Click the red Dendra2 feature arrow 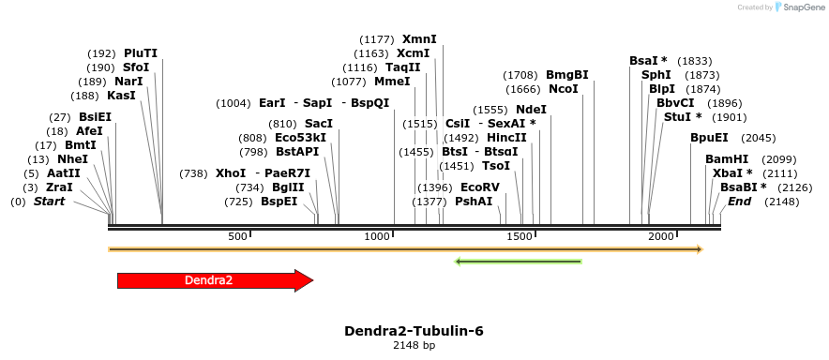(x=214, y=279)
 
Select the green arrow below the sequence (x=518, y=261)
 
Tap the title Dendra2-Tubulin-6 (x=414, y=331)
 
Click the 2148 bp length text (x=414, y=346)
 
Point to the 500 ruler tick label (x=237, y=237)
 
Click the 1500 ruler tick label (x=520, y=237)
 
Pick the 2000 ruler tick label (x=660, y=237)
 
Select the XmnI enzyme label (x=419, y=39)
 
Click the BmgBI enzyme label (x=566, y=74)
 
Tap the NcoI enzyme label (x=563, y=89)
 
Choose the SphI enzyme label (x=656, y=74)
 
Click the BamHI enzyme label (x=727, y=158)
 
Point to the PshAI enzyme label (x=474, y=202)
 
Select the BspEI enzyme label (x=279, y=202)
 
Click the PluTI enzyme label (x=141, y=53)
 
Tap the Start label (x=50, y=202)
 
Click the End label (x=739, y=202)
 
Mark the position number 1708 (x=520, y=74)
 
